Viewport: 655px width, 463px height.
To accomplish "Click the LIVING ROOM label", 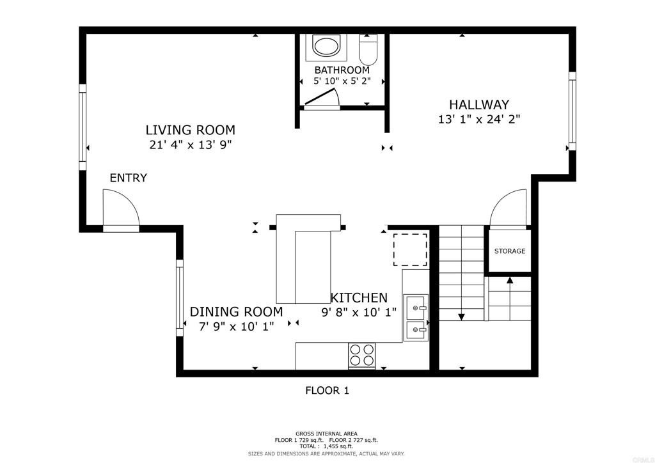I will [x=190, y=130].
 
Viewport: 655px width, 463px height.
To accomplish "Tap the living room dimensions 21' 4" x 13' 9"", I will [x=190, y=145].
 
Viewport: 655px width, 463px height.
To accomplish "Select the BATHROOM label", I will [x=342, y=70].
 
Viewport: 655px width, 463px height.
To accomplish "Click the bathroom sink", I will [x=326, y=47].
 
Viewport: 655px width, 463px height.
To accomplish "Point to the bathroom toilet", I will [x=369, y=49].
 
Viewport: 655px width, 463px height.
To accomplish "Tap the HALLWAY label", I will [x=478, y=104].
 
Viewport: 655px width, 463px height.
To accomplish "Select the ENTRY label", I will [x=128, y=178].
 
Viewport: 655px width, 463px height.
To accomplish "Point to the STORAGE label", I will [x=509, y=251].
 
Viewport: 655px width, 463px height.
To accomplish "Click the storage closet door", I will [x=509, y=210].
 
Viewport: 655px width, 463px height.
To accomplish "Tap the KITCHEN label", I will [x=359, y=297].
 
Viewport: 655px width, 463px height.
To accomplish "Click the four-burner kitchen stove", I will [x=361, y=356].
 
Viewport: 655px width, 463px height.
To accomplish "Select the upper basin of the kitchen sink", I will [x=416, y=308].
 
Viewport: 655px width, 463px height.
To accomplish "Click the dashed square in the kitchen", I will [x=410, y=250].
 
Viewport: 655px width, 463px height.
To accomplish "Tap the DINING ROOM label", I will [x=236, y=312].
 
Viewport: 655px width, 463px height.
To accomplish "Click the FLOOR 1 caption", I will [x=327, y=390].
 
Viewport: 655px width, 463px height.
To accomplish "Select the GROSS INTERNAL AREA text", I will [x=326, y=434].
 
